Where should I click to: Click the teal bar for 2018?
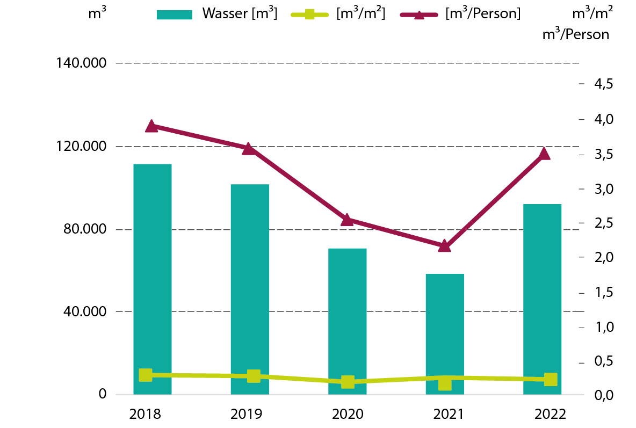pos(152,279)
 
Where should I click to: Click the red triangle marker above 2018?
pos(151,126)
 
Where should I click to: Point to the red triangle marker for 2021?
pos(444,246)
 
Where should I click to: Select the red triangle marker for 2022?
pos(544,154)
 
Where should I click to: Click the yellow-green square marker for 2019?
pos(254,376)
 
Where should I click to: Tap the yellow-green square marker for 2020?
pos(348,382)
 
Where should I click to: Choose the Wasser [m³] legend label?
pos(240,14)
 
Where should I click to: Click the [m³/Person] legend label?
pos(483,14)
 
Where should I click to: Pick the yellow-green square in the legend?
pos(309,14)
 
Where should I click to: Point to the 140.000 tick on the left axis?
pos(81,63)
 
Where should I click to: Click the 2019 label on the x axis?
pos(246,414)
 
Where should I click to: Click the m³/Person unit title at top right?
pos(576,34)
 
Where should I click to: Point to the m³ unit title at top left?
pos(97,14)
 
